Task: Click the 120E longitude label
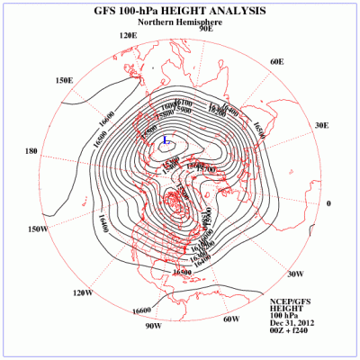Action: (128, 35)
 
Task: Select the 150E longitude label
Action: (64, 80)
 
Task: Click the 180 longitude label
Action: (31, 151)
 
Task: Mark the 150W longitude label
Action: (37, 229)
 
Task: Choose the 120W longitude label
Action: (82, 292)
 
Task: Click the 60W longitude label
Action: (230, 319)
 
